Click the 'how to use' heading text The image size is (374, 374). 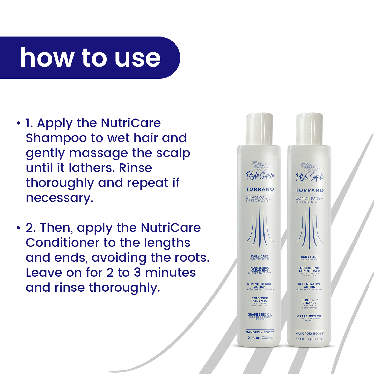coord(90,58)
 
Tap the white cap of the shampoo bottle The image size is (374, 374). coord(259,129)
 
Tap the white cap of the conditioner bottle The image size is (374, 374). coord(309,129)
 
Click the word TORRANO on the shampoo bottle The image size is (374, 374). coord(260,189)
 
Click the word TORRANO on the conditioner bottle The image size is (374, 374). coord(310,190)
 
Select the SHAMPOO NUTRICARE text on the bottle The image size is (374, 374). coord(258,199)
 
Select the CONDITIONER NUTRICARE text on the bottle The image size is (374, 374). coord(309,200)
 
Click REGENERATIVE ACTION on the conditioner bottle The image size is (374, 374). coord(309,285)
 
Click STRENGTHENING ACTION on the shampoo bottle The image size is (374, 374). coord(260,285)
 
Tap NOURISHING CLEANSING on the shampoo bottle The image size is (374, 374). coord(260,269)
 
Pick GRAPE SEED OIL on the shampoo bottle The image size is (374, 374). coord(260,315)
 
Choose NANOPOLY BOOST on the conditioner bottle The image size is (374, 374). coord(309,334)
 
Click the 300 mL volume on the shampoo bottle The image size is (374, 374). coord(268,338)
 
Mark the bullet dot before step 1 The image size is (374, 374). coord(18,123)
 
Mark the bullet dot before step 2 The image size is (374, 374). coord(18,228)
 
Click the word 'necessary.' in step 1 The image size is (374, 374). coord(60,198)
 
